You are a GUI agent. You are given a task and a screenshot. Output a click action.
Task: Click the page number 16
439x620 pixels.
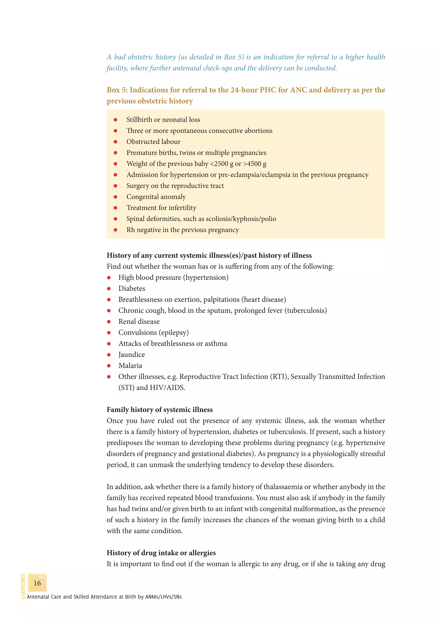pyautogui.click(x=37, y=583)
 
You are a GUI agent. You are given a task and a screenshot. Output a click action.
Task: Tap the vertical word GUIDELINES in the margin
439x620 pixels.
pyautogui.click(x=23, y=586)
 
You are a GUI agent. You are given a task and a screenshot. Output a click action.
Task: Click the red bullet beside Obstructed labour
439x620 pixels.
pyautogui.click(x=115, y=142)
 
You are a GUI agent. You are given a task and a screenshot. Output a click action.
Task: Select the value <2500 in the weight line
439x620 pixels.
pyautogui.click(x=219, y=164)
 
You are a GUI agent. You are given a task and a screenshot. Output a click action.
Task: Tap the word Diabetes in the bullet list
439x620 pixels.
pyautogui.click(x=132, y=288)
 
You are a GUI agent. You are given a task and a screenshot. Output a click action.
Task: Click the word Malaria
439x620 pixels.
pyautogui.click(x=130, y=366)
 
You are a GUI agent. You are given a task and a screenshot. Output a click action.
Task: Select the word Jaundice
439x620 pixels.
pyautogui.click(x=131, y=355)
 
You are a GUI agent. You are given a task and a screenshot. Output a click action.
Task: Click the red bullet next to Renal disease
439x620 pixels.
pyautogui.click(x=109, y=322)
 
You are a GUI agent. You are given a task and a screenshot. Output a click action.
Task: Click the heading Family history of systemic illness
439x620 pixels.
pyautogui.click(x=159, y=410)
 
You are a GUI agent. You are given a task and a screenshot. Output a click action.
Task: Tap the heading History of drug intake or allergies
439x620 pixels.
pyautogui.click(x=161, y=553)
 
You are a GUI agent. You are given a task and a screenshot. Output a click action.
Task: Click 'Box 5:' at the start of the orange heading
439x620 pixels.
pyautogui.click(x=117, y=90)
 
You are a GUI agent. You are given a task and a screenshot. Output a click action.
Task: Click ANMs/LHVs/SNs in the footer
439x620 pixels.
pyautogui.click(x=163, y=597)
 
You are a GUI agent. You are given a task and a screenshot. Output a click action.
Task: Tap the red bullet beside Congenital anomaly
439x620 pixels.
pyautogui.click(x=115, y=197)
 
